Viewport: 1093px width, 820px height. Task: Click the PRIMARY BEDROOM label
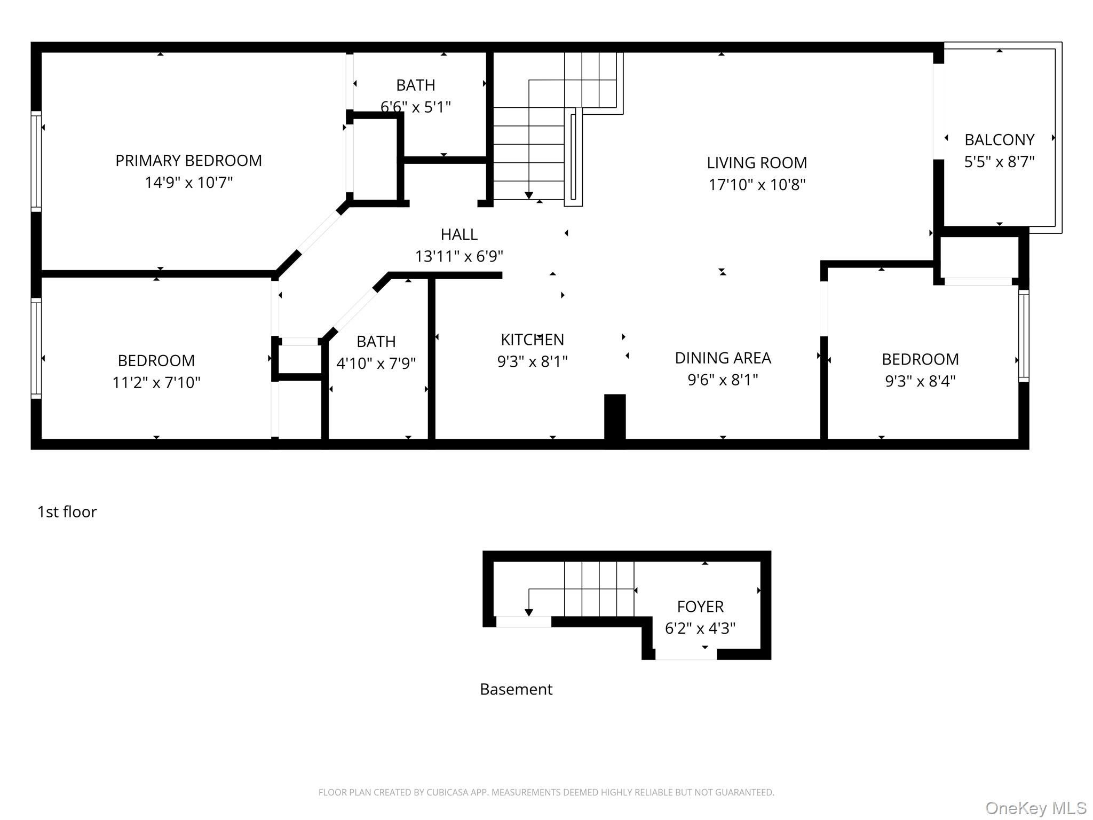tap(188, 161)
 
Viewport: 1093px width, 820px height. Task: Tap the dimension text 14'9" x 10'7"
tap(189, 183)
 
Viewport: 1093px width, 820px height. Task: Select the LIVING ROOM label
tap(757, 163)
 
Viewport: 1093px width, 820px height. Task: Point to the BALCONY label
tap(1000, 140)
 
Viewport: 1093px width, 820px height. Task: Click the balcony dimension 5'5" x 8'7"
tap(1000, 162)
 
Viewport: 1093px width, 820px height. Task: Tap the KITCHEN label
tap(532, 340)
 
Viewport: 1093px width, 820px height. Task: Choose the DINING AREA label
tap(723, 358)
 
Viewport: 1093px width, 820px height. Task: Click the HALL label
tap(459, 234)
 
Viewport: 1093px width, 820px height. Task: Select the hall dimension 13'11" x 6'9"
tap(459, 257)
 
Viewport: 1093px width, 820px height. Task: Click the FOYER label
tap(700, 606)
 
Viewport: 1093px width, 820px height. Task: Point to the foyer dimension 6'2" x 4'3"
tap(700, 628)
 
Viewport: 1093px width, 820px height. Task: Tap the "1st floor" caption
tap(67, 512)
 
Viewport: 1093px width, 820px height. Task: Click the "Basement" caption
tap(516, 689)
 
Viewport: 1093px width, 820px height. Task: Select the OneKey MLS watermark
tap(1036, 808)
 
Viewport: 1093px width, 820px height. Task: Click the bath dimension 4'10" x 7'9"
tap(376, 364)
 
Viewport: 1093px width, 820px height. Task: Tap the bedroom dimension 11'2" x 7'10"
tap(156, 383)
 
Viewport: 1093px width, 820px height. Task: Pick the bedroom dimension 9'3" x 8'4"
tap(921, 381)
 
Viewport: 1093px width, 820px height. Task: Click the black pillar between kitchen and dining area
tap(615, 417)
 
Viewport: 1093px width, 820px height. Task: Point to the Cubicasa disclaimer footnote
tap(546, 793)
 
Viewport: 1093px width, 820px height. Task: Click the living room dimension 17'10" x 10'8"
tap(757, 185)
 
